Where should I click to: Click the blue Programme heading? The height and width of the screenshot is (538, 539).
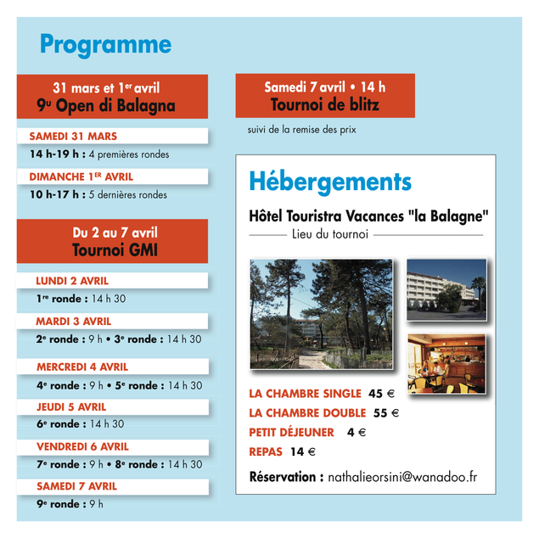tap(105, 44)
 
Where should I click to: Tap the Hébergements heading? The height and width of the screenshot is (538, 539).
tap(330, 181)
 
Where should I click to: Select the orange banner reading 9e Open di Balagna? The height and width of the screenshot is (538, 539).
tap(112, 96)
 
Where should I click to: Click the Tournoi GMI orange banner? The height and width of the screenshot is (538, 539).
tap(112, 241)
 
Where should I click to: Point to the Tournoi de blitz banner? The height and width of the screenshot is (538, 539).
tap(324, 96)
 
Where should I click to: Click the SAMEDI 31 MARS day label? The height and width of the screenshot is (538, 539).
tap(73, 136)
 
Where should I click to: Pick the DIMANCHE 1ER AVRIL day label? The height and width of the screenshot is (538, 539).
tap(81, 177)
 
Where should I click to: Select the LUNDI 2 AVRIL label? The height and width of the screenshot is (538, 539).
tap(72, 280)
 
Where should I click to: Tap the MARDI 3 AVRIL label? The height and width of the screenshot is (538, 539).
tap(74, 322)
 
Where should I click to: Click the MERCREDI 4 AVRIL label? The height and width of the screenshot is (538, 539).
tap(82, 367)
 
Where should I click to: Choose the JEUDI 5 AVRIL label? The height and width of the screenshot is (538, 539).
tap(71, 406)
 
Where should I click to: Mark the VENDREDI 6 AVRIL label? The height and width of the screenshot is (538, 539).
tap(82, 446)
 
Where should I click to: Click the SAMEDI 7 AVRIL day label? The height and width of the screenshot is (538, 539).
tap(76, 486)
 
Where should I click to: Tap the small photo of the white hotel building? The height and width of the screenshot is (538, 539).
tap(446, 289)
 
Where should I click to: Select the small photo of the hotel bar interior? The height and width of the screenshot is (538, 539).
tap(446, 363)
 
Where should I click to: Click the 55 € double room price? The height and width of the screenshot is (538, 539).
tap(385, 413)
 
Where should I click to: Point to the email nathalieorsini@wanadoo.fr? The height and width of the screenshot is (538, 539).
tap(401, 477)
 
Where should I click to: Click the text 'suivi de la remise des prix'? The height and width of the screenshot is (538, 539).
tap(301, 130)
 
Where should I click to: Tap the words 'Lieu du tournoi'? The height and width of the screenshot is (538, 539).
tap(329, 233)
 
